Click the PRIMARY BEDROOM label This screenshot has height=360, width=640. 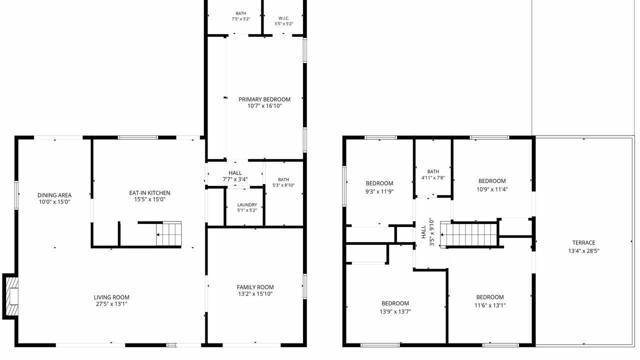click(x=264, y=99)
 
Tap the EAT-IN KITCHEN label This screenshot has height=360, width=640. click(x=149, y=193)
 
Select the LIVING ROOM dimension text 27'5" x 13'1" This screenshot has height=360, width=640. click(x=111, y=304)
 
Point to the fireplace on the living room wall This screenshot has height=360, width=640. click(x=11, y=296)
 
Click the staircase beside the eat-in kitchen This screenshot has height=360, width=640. click(x=168, y=233)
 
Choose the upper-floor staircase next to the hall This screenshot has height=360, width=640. click(x=468, y=234)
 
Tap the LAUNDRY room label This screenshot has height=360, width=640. click(x=247, y=205)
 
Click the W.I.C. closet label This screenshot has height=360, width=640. click(x=283, y=18)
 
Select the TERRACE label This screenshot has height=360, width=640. click(x=583, y=243)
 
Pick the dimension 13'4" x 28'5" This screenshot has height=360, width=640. click(x=583, y=251)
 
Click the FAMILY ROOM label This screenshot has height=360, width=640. click(x=255, y=287)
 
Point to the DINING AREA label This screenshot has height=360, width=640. click(x=54, y=195)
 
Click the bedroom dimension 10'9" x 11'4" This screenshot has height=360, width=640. click(x=492, y=189)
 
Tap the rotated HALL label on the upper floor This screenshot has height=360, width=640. click(x=423, y=232)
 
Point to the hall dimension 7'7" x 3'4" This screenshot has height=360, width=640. click(x=235, y=179)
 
